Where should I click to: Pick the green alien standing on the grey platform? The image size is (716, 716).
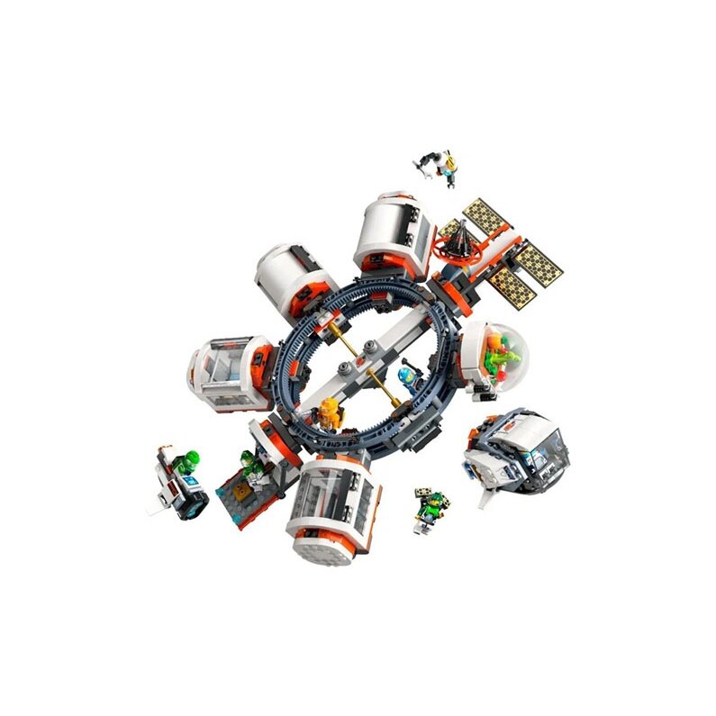[x=250, y=466]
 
